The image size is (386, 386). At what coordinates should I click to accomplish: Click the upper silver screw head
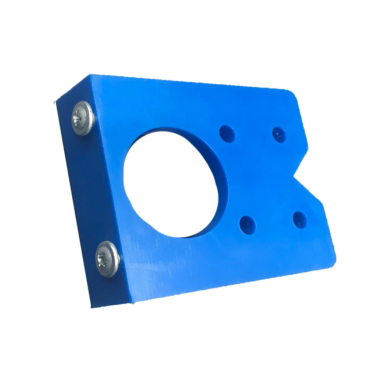click(x=82, y=118)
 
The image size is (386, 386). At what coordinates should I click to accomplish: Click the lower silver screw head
click(x=107, y=259)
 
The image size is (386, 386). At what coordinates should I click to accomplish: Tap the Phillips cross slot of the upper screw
click(x=79, y=116)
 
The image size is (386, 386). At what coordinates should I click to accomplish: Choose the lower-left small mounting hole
click(x=247, y=225)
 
